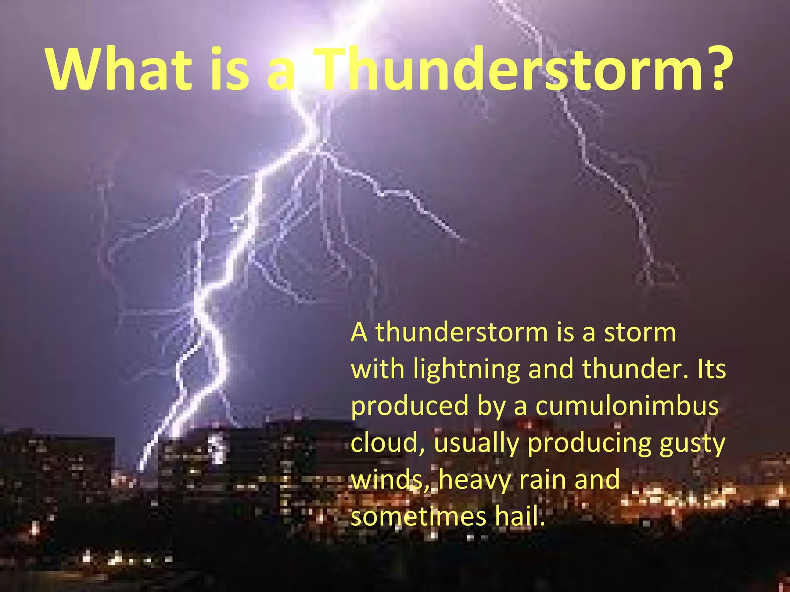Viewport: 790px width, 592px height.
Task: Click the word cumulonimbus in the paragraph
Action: [x=627, y=406]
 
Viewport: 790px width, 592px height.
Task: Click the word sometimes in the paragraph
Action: [x=419, y=516]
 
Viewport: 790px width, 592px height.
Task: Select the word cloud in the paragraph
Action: [x=385, y=443]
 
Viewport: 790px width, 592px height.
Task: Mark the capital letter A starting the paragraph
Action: [x=359, y=332]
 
